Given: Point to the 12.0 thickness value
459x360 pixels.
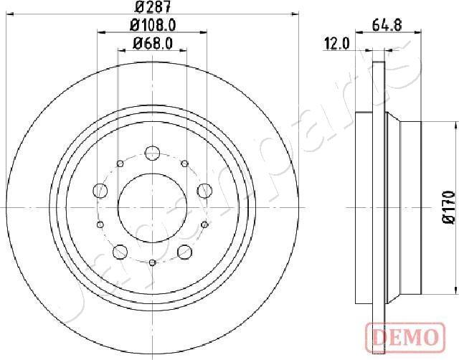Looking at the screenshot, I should click(x=336, y=44).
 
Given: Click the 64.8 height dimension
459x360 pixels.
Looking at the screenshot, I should click(x=387, y=25).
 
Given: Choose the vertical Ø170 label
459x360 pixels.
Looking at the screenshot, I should click(x=449, y=208).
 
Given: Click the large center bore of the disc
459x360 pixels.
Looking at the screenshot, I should click(x=152, y=207).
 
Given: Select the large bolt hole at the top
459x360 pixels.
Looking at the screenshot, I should click(x=152, y=153).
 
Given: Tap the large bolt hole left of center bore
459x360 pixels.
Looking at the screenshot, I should click(x=100, y=191).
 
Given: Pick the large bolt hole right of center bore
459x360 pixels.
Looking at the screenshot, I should click(x=204, y=191).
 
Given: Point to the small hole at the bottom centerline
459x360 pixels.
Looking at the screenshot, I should click(x=152, y=262).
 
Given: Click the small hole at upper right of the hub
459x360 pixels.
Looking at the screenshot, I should click(x=184, y=164).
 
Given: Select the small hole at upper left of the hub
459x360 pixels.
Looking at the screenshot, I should click(x=120, y=164).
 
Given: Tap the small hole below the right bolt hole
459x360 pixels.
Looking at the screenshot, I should click(x=204, y=224).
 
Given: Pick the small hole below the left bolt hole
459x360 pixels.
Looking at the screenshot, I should click(x=100, y=224).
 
